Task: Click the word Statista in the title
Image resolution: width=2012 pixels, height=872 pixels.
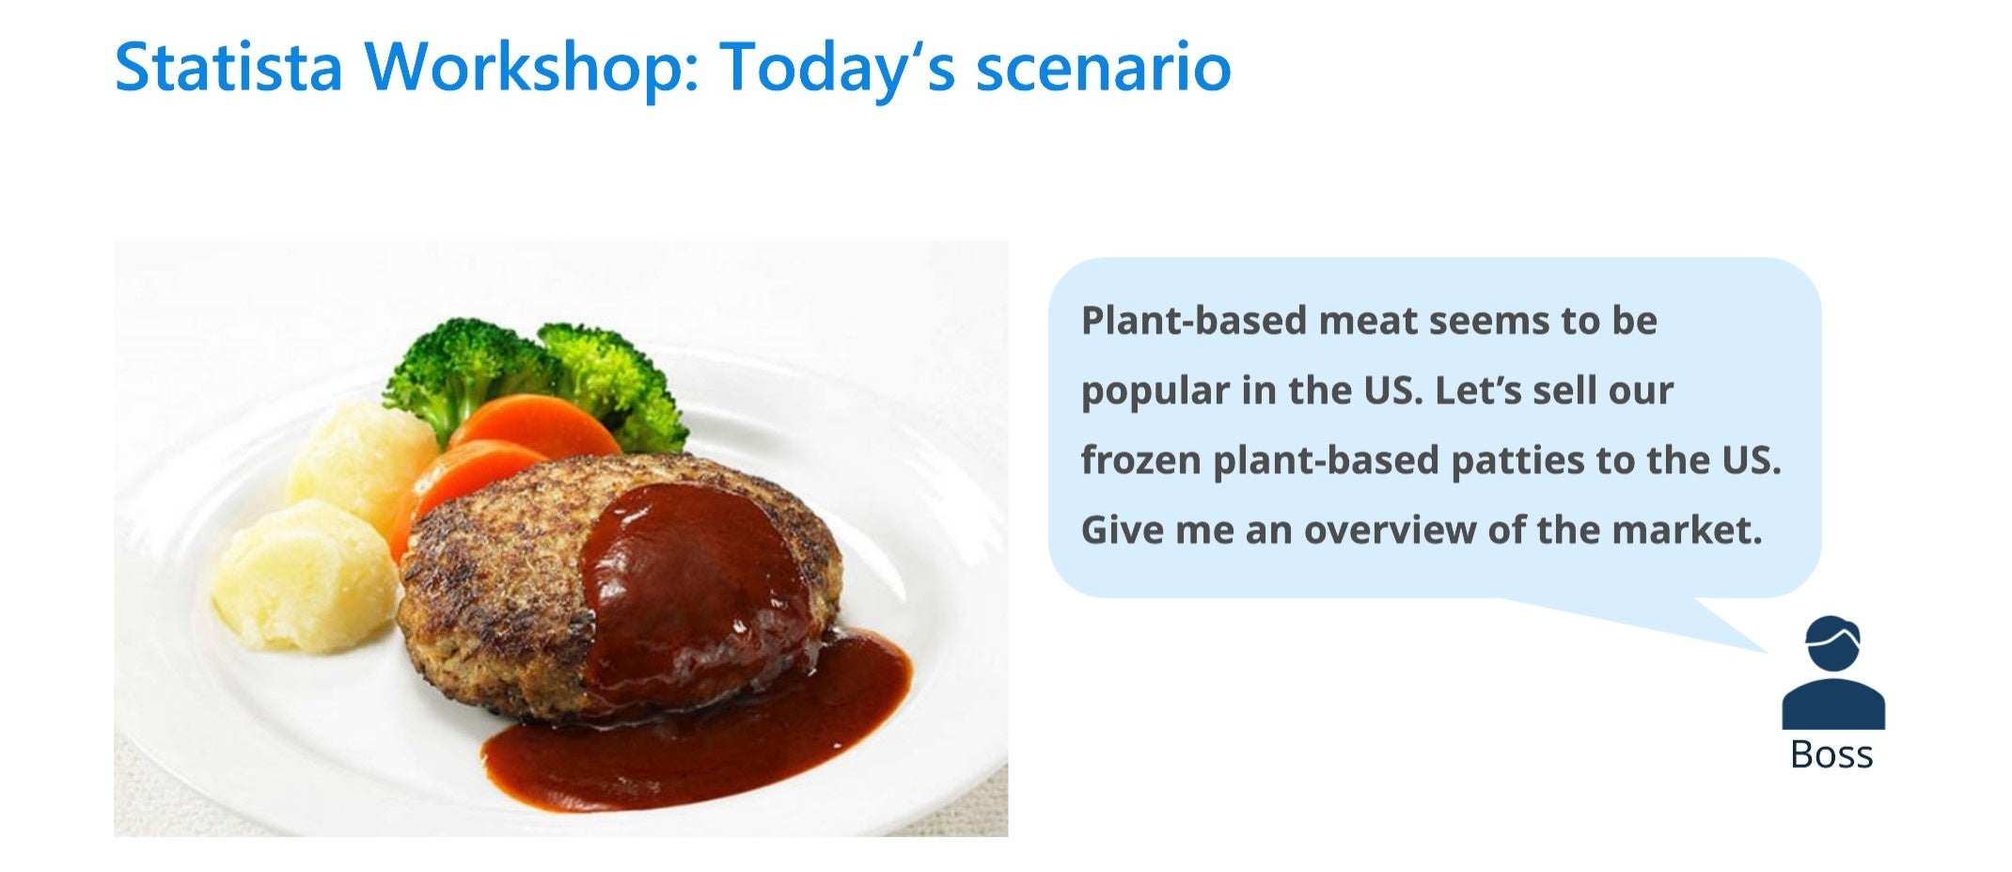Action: pos(228,67)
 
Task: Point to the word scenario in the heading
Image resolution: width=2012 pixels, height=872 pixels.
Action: pos(1104,69)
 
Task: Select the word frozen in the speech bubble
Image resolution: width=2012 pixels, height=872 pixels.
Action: pos(1140,460)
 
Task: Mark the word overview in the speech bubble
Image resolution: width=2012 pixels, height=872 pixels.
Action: pos(1390,531)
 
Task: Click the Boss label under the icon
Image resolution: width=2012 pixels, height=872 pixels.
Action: pos(1831,754)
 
